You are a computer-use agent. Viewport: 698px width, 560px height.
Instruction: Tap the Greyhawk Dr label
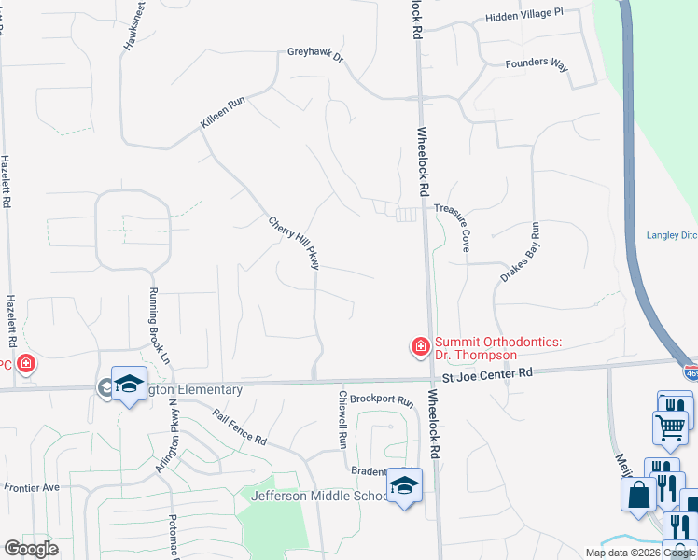(x=315, y=55)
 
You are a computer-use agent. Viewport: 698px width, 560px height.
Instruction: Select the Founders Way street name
(x=536, y=63)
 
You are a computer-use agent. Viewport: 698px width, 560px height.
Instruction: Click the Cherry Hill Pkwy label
(x=294, y=244)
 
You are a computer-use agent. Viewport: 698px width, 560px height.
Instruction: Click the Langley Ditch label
(x=672, y=235)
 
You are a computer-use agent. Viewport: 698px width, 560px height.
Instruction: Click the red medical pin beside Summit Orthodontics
(x=420, y=347)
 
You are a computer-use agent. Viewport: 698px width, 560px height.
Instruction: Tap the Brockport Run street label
(x=381, y=400)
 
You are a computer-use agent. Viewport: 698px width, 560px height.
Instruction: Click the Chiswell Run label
(x=342, y=416)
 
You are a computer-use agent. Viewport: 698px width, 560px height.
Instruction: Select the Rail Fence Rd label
(x=239, y=427)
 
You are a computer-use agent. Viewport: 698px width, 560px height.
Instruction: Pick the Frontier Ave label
(x=31, y=487)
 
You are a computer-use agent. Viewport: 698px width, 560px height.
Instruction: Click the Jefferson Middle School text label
(x=318, y=496)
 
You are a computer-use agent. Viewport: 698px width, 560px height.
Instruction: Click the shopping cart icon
(x=670, y=427)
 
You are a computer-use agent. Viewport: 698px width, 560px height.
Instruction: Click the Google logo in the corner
(x=31, y=549)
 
